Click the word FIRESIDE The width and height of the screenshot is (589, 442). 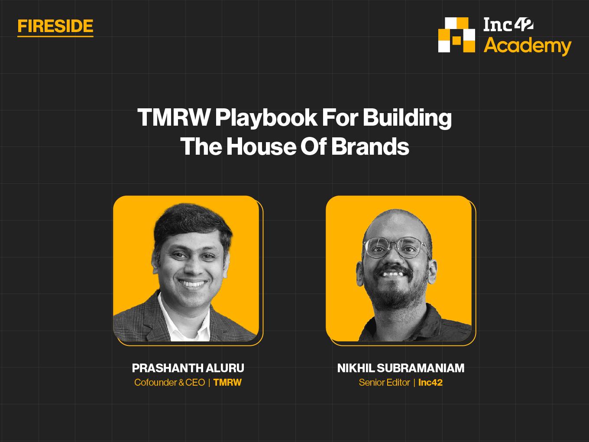(55, 26)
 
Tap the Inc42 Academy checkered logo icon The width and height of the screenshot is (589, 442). (456, 35)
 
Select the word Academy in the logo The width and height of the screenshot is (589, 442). (528, 46)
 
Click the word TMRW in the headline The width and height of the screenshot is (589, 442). (174, 117)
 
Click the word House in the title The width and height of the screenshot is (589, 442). (261, 146)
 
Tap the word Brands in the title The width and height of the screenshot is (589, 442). (370, 146)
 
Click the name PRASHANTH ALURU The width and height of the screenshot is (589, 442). (188, 368)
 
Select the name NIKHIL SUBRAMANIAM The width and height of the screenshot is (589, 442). (401, 368)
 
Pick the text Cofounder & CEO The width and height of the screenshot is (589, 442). (170, 383)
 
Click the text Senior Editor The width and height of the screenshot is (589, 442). (384, 383)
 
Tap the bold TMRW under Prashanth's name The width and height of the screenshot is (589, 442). (227, 383)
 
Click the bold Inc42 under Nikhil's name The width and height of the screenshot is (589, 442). (430, 383)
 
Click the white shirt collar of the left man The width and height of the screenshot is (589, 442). (185, 319)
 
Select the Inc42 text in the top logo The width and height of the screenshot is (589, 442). (508, 25)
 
